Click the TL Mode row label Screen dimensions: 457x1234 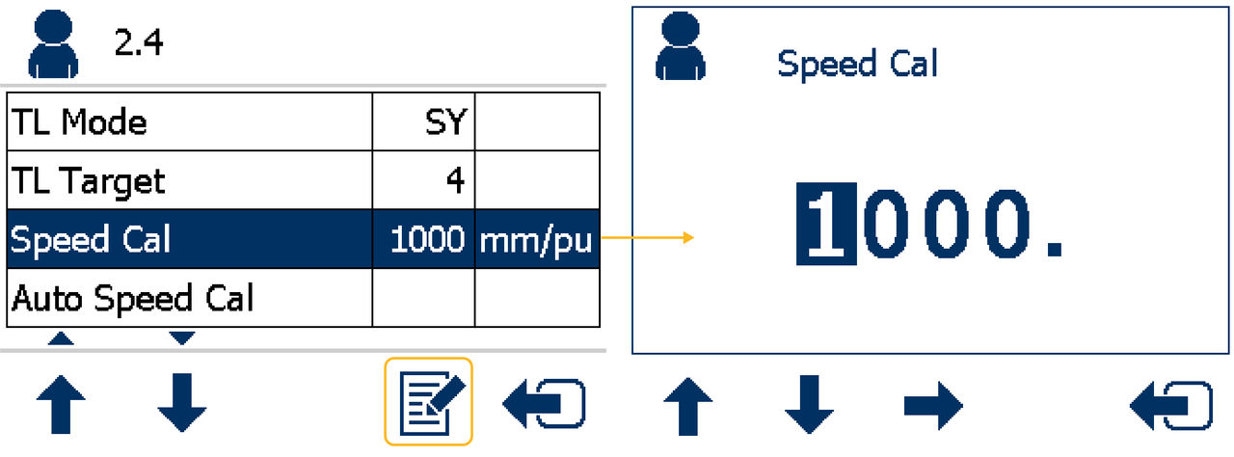coord(79,122)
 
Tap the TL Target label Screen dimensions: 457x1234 coord(89,181)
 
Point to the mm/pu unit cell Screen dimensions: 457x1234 coord(536,240)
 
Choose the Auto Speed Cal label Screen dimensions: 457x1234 coord(132,299)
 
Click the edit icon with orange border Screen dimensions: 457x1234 coord(429,402)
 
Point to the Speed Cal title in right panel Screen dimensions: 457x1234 coord(857,65)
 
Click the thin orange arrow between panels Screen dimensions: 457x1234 coord(647,237)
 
